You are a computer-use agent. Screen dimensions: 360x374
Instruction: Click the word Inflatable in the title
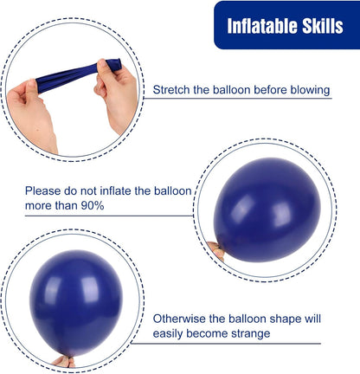pyautogui.click(x=262, y=26)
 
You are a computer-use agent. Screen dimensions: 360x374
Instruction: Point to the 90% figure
pyautogui.click(x=93, y=206)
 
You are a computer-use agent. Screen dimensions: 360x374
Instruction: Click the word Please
pyautogui.click(x=42, y=191)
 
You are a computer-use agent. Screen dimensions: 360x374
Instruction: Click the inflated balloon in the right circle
pyautogui.click(x=267, y=210)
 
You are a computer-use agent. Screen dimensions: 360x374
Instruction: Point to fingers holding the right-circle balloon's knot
pyautogui.click(x=217, y=250)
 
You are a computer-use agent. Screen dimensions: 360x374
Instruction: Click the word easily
pyautogui.click(x=168, y=334)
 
